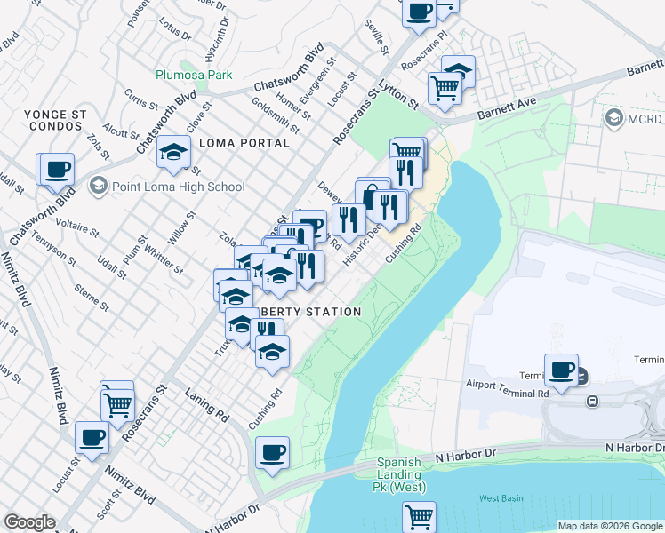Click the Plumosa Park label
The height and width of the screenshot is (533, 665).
(194, 76)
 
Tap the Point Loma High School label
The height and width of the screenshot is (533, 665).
(177, 187)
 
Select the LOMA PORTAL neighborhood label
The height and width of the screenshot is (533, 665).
(244, 143)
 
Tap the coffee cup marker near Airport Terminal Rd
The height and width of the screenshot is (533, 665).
(561, 370)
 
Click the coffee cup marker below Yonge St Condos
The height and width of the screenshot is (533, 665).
(56, 168)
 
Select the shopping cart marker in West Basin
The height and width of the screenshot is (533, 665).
(419, 515)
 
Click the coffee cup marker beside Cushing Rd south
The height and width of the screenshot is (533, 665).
(273, 453)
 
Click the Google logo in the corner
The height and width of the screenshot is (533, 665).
(29, 522)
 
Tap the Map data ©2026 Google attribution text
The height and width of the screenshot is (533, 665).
(609, 526)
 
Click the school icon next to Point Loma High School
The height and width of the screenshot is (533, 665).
(98, 186)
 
